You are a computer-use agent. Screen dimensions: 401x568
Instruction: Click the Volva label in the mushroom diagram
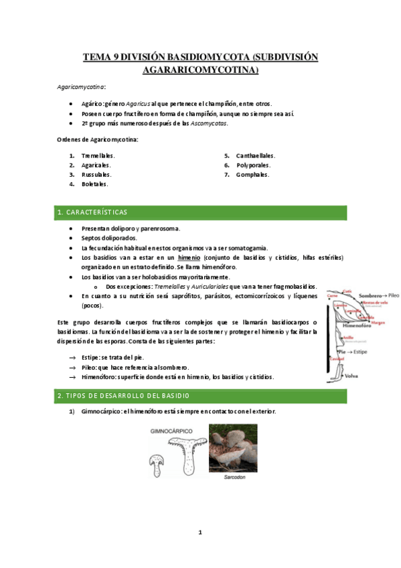351,376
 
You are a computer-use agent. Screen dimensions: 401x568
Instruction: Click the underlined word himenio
191,257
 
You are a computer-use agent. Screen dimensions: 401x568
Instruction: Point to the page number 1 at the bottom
199,532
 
